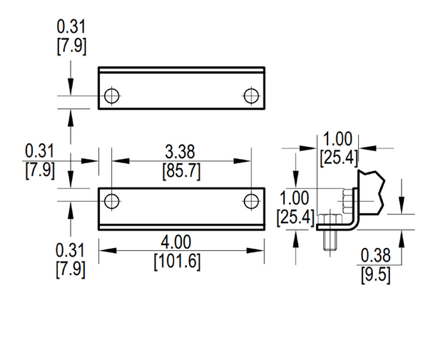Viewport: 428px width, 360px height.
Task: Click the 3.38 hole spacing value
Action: click(x=180, y=152)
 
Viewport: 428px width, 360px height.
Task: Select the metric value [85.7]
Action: click(x=181, y=171)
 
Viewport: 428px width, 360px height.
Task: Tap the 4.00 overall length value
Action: click(x=175, y=242)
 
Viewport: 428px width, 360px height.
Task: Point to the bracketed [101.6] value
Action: click(x=177, y=262)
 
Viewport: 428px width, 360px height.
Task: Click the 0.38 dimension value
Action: click(x=376, y=255)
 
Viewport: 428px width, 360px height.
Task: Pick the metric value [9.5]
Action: click(x=376, y=275)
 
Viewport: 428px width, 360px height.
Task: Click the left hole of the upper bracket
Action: click(x=112, y=96)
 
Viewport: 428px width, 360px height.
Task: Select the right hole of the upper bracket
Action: click(x=251, y=96)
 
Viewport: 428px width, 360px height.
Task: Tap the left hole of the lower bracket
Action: click(x=112, y=201)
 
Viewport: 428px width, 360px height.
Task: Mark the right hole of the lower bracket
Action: click(x=251, y=201)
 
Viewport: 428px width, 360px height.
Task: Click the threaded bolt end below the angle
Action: click(x=330, y=240)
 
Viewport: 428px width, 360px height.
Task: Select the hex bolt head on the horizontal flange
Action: click(x=330, y=220)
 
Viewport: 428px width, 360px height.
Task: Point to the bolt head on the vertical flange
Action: click(x=348, y=201)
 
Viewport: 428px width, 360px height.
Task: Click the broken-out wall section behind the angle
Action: click(x=371, y=192)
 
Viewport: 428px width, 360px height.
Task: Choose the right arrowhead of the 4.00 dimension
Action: click(x=255, y=250)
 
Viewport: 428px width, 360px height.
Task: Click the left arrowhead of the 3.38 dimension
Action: click(x=121, y=161)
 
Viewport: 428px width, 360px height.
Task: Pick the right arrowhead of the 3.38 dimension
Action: click(x=242, y=161)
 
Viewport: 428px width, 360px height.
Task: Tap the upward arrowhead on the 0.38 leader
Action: click(x=401, y=239)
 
